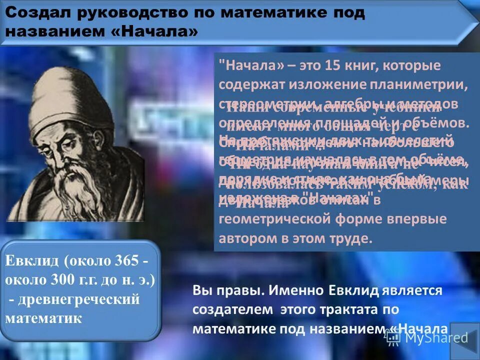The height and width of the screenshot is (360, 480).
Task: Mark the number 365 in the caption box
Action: point(131,261)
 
